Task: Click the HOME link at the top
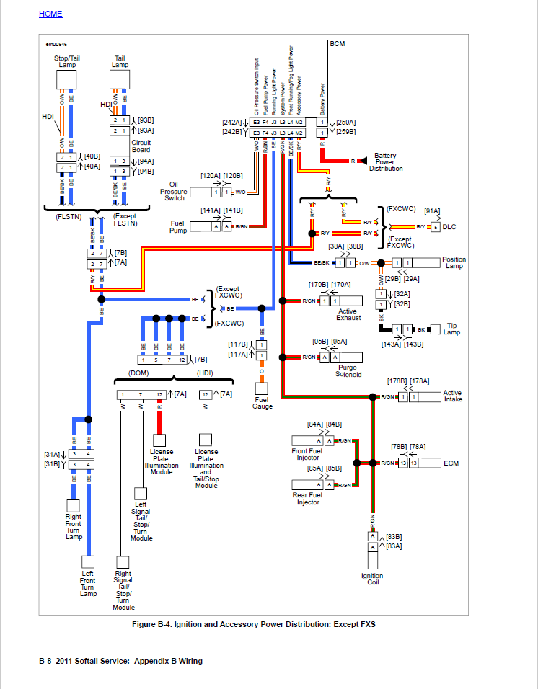click(x=50, y=14)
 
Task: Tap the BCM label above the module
click(x=337, y=44)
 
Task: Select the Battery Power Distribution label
click(x=385, y=162)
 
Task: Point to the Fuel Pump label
click(x=177, y=226)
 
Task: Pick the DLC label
click(x=449, y=227)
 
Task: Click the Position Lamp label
click(x=454, y=263)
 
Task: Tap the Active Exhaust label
click(x=347, y=314)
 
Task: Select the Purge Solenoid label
click(x=348, y=371)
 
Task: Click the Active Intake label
click(x=452, y=396)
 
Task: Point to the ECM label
click(x=452, y=463)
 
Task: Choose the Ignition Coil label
click(x=372, y=579)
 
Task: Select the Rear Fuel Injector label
click(x=307, y=498)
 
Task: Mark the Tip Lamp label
click(x=452, y=329)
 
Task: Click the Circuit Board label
click(x=141, y=146)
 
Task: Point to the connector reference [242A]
click(x=231, y=123)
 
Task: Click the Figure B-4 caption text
click(x=253, y=624)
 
